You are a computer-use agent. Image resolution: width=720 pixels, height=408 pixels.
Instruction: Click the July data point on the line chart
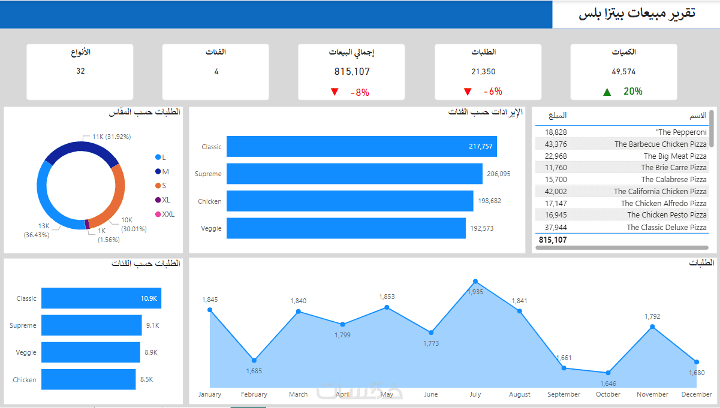(475, 281)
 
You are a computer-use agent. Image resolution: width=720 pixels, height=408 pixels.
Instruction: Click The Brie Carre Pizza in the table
(673, 168)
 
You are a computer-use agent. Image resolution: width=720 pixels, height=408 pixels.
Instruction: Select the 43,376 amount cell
(556, 144)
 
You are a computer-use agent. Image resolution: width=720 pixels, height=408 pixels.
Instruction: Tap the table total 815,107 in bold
(553, 240)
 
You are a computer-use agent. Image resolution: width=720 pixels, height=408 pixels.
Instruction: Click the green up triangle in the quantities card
(607, 92)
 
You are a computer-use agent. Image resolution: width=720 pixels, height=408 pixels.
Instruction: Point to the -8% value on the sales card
(360, 92)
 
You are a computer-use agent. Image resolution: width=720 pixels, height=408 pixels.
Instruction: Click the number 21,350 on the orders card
(483, 72)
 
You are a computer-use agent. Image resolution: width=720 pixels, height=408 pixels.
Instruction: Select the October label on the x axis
(608, 394)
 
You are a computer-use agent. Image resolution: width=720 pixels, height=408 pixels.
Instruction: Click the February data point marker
(254, 361)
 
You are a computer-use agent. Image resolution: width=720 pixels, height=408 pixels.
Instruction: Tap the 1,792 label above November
(652, 316)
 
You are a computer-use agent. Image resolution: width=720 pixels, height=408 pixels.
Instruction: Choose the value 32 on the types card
(80, 71)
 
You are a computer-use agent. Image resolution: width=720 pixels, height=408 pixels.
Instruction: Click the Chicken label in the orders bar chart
(25, 380)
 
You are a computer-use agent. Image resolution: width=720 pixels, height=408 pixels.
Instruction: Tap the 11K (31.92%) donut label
(112, 137)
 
